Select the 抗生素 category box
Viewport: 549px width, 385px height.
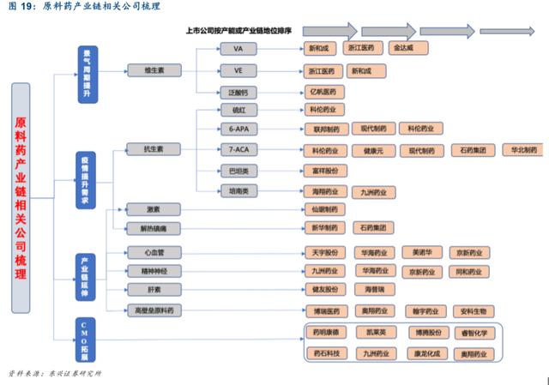point(153,149)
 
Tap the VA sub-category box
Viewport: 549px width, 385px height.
point(238,49)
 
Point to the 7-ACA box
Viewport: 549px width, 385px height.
point(238,149)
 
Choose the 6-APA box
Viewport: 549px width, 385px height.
point(238,129)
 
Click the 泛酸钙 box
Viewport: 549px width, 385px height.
point(238,91)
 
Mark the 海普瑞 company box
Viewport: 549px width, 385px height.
point(374,290)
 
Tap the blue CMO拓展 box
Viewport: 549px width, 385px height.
point(83,341)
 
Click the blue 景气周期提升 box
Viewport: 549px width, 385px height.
point(87,74)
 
